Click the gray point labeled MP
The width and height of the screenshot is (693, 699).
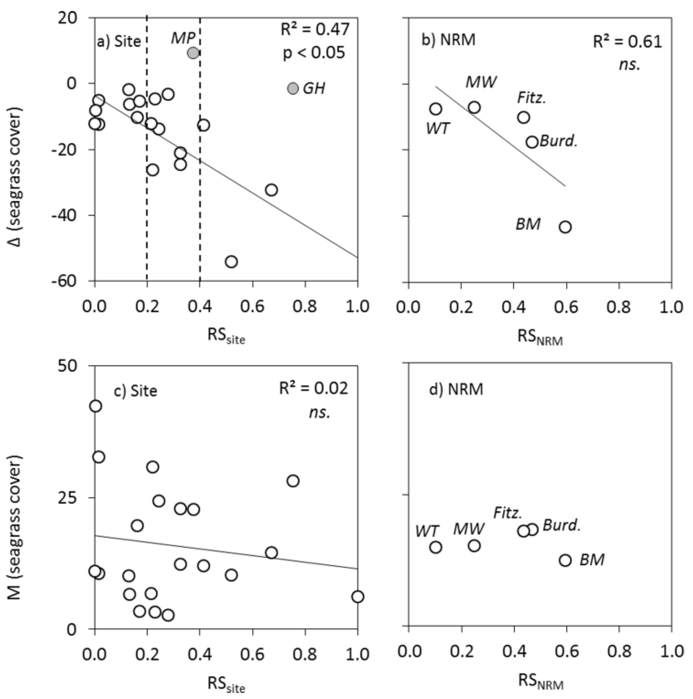coord(193,53)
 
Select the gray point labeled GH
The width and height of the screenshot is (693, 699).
coord(293,88)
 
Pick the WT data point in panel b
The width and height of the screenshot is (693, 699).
coord(436,109)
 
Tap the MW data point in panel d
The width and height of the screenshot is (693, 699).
coord(474,546)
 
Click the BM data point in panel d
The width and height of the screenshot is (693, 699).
coord(565,560)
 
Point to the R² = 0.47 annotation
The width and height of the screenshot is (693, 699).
coord(315,29)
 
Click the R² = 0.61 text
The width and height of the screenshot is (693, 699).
coord(627,42)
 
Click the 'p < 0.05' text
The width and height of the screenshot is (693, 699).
coord(314,53)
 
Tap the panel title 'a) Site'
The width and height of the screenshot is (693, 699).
coord(119,42)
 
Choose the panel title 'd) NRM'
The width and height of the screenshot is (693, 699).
coord(456,389)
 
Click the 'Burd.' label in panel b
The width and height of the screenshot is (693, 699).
coord(559,141)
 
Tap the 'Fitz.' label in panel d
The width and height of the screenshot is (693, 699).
coord(508,513)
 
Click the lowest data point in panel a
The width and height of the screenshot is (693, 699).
coord(231,262)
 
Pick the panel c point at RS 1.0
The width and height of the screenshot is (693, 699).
coord(357,596)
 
